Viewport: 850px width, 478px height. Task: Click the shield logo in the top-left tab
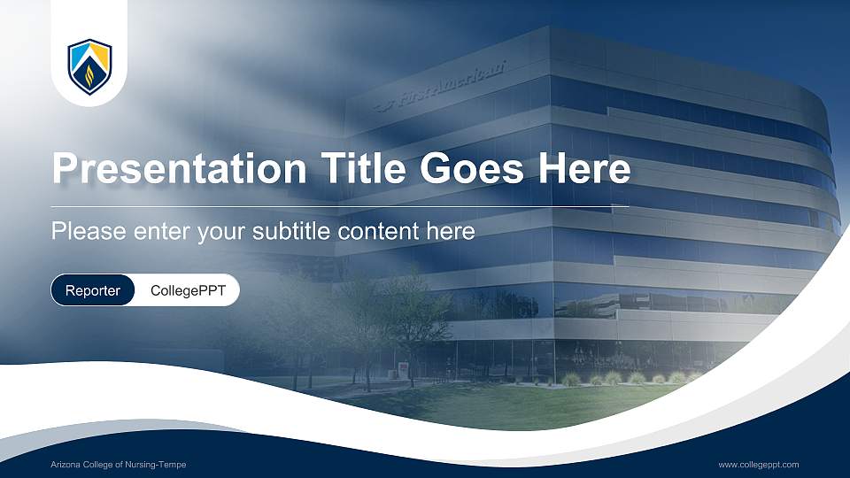(89, 66)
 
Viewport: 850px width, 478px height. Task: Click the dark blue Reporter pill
(93, 290)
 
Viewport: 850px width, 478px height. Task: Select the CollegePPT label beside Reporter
(186, 290)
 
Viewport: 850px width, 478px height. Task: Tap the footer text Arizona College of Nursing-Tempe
(118, 465)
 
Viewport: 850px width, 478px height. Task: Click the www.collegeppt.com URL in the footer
(759, 465)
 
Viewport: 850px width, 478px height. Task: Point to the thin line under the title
(341, 207)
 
